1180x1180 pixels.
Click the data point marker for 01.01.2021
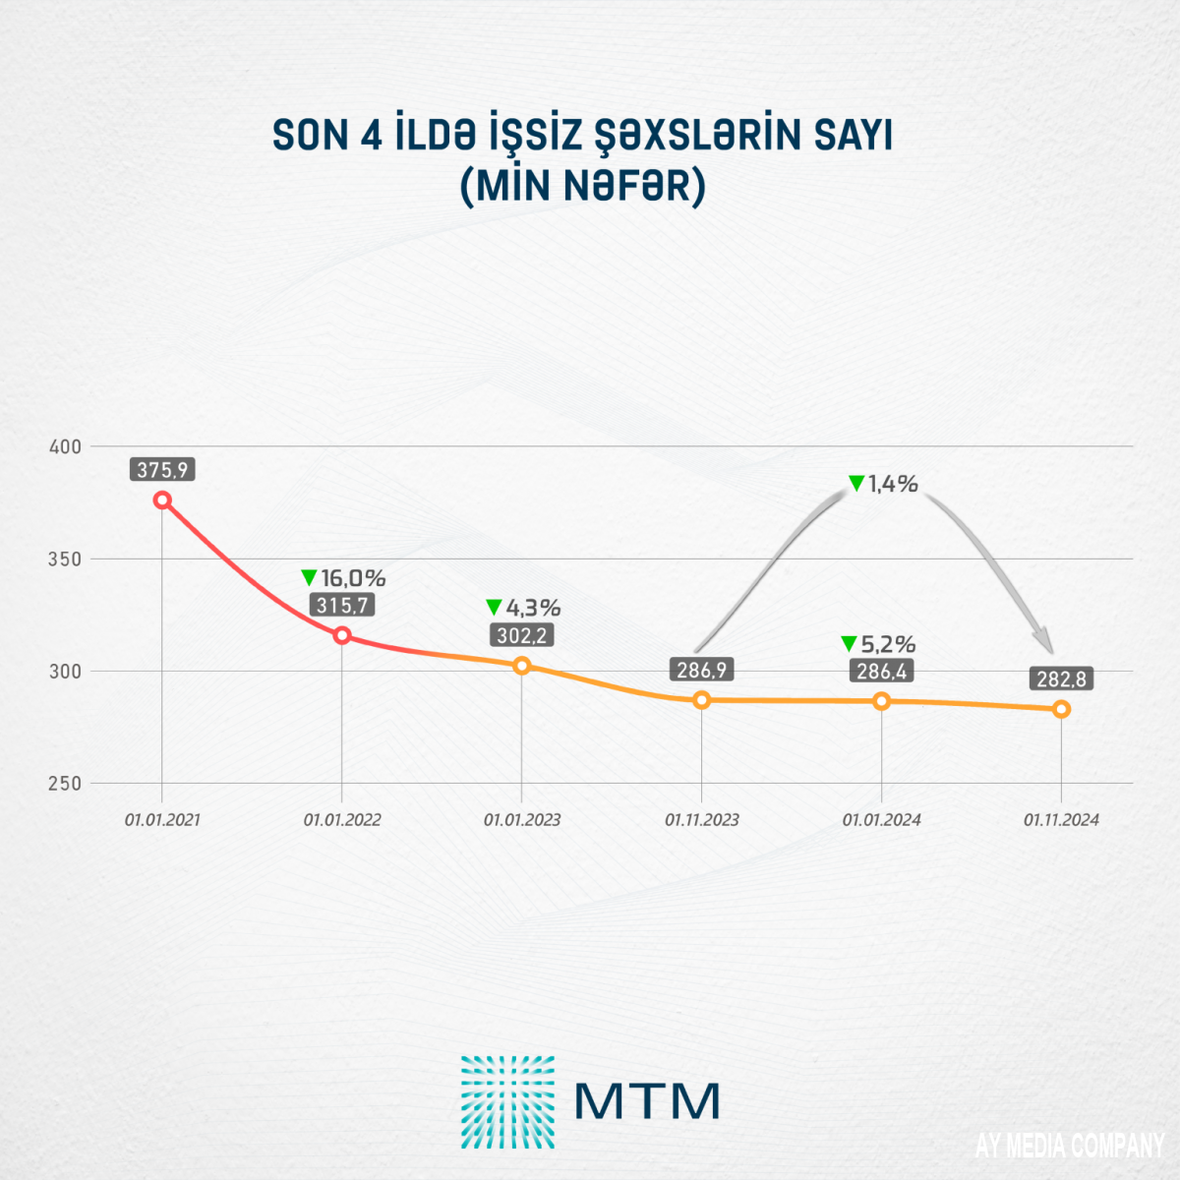163,500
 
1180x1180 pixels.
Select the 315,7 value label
342,606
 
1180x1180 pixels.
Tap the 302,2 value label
522,636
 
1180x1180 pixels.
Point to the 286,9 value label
702,671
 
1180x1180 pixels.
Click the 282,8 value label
1062,679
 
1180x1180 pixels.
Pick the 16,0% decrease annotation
343,578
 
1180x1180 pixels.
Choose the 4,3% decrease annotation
524,608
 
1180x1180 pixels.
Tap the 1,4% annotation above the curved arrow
883,483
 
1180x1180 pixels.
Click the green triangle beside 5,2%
849,644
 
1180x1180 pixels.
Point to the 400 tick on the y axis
66,446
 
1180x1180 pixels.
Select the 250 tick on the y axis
66,784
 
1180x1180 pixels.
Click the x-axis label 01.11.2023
702,820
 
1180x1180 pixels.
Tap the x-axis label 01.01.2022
342,820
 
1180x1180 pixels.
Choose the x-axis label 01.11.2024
1062,820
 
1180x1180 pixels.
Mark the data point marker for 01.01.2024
882,701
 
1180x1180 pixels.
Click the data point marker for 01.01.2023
522,666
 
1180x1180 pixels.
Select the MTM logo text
648,1101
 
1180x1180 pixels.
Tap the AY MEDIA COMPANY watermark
1070,1146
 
